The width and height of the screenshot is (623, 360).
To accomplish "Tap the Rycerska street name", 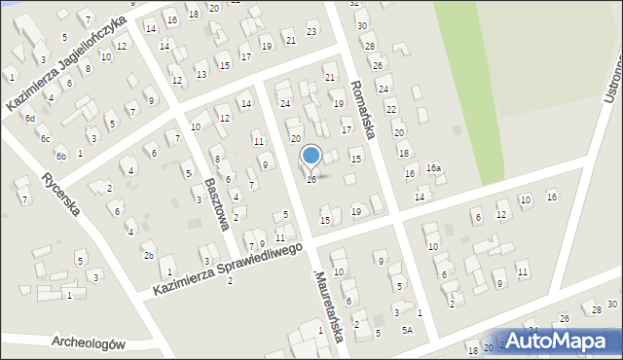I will tap(60, 199).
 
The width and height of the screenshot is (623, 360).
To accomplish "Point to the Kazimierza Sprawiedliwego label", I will tap(230, 270).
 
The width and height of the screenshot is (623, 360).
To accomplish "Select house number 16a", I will tap(433, 168).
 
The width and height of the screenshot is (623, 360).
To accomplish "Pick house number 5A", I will tap(407, 331).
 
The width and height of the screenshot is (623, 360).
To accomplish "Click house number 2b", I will tap(149, 256).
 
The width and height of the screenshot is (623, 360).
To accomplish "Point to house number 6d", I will tap(30, 118).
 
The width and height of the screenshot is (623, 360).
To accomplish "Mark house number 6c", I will tap(45, 138).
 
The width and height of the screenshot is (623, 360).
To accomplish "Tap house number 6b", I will tap(60, 156).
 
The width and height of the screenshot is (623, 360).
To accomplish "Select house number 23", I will tap(311, 32).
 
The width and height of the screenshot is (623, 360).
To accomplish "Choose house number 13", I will tap(201, 74).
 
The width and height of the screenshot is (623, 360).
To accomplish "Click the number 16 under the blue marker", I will tap(311, 179).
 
